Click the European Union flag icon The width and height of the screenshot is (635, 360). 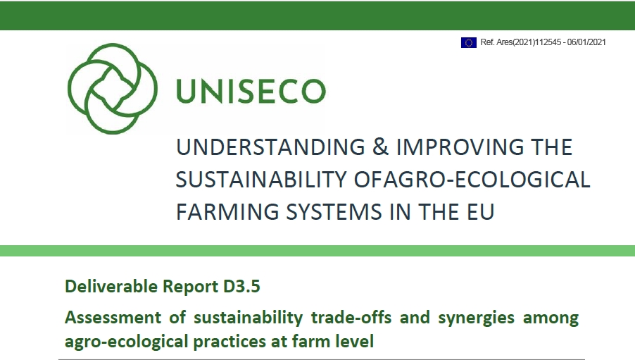pos(469,42)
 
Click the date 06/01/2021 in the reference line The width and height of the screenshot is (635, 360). pos(586,42)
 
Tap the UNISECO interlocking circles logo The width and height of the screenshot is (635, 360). pos(112,88)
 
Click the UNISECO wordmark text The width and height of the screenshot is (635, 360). pos(251,91)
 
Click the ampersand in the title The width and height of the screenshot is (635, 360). pos(380,147)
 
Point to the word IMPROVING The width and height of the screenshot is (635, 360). pos(457,147)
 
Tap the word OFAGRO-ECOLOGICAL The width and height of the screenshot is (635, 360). pos(472,180)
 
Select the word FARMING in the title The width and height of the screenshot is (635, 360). pos(227,212)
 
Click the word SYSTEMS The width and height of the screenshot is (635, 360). pos(334,212)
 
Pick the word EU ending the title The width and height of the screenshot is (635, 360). pos(481,212)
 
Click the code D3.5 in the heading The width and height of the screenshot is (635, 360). pos(241,286)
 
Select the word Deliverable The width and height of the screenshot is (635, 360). pos(111,287)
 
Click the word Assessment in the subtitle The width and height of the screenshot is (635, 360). pos(113,318)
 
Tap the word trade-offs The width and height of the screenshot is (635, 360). pos(351,318)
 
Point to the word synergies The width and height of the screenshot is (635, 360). pos(476,318)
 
